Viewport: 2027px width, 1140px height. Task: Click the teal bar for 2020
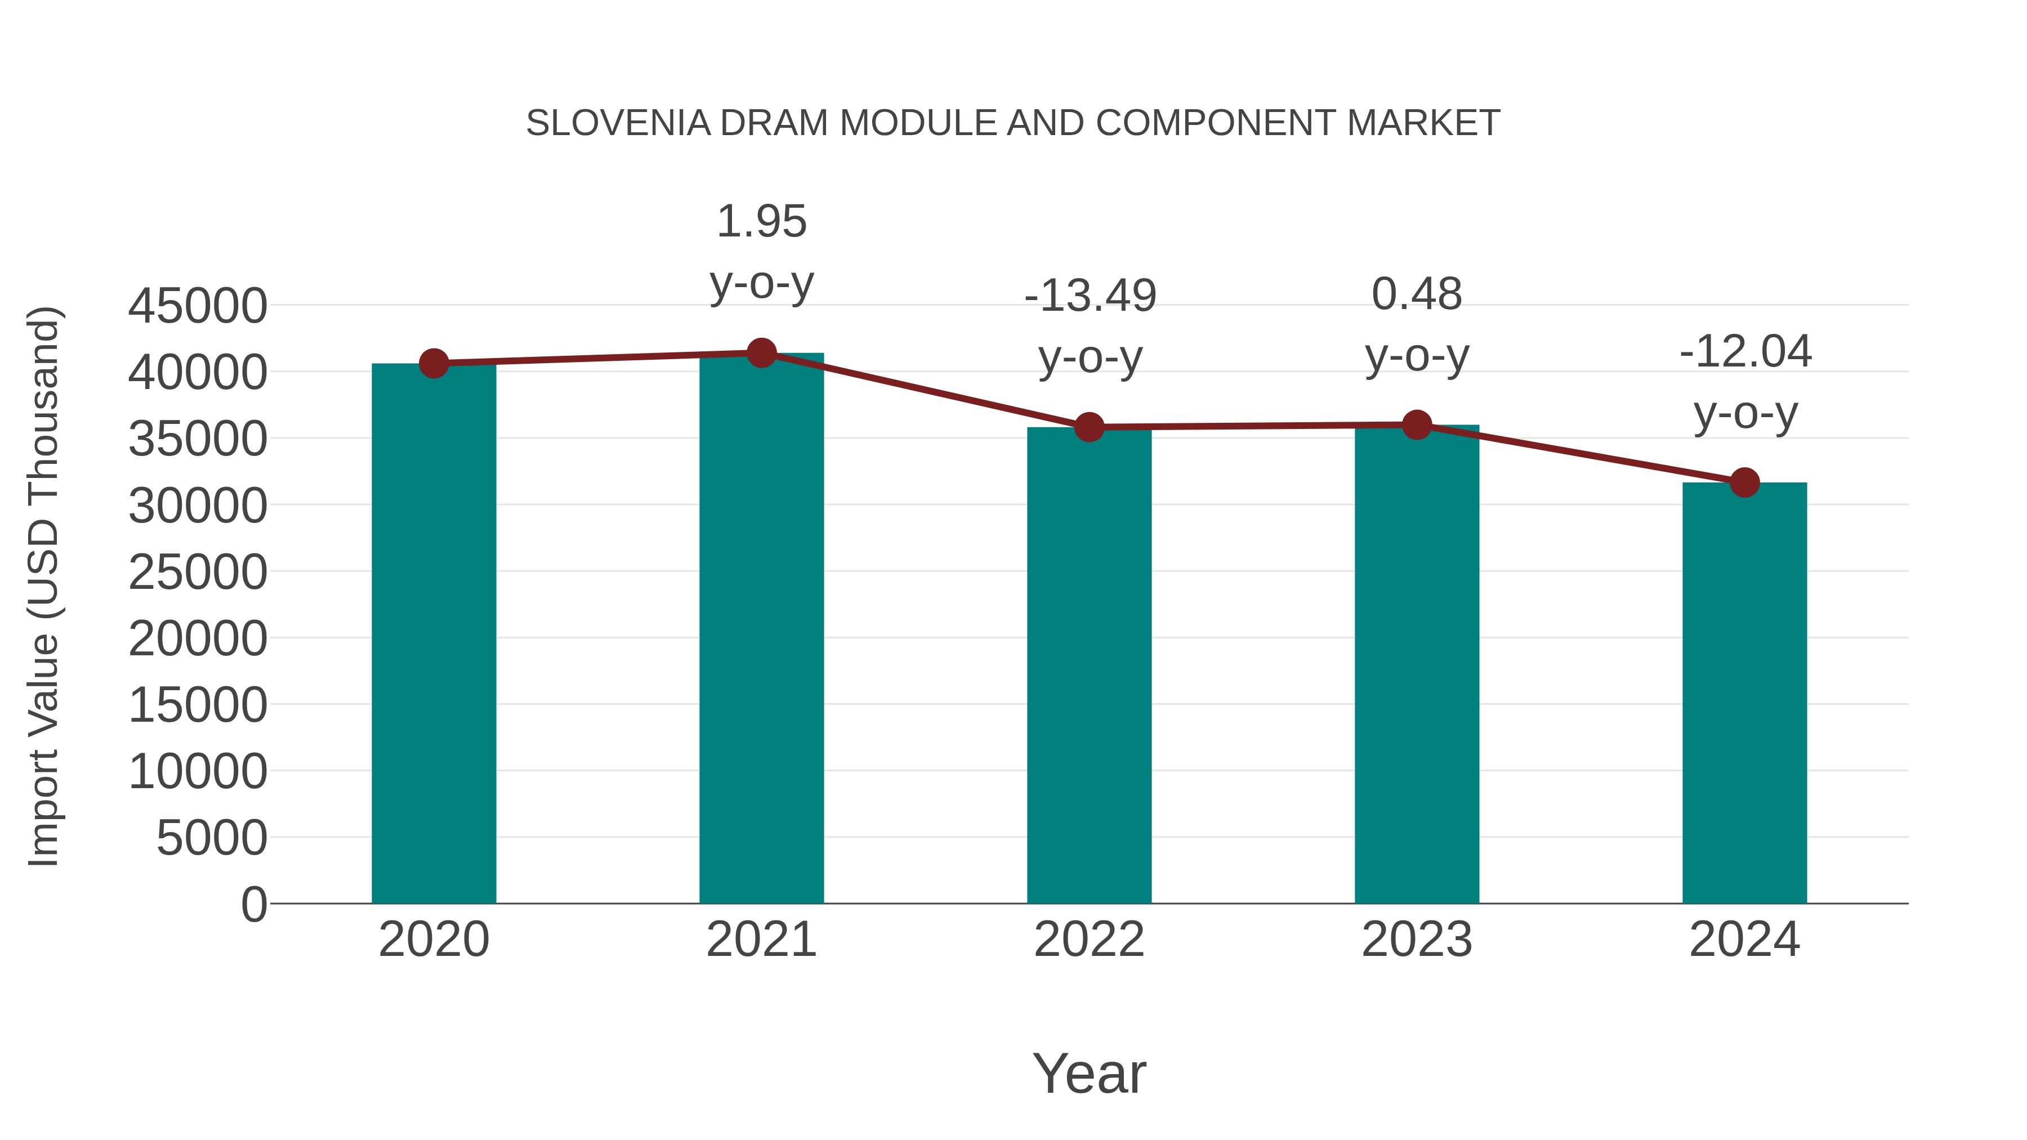coord(434,633)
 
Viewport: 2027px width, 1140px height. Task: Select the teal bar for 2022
coord(1089,665)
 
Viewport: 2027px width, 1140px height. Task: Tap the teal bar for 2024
coord(1744,692)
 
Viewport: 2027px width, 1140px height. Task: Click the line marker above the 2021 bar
coord(761,353)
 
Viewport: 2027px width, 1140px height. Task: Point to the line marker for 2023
coord(1417,425)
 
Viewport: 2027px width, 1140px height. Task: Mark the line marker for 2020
coord(434,364)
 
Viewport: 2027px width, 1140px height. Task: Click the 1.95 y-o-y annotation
coord(761,252)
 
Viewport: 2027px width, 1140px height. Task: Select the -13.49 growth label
coord(1090,327)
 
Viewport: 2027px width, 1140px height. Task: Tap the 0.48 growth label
coord(1417,324)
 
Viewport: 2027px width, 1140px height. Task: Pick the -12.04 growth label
coord(1745,382)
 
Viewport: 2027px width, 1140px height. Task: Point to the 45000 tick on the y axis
coord(198,306)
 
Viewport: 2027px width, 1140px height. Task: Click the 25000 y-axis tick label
coord(198,572)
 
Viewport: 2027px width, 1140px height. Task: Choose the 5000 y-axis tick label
coord(211,838)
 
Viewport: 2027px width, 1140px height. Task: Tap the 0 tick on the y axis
coord(253,904)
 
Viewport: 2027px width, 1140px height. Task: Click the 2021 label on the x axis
coord(761,940)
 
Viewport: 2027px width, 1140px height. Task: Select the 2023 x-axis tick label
coord(1417,940)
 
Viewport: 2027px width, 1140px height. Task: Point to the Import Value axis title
coord(43,586)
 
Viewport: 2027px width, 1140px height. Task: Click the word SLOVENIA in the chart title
coord(618,123)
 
